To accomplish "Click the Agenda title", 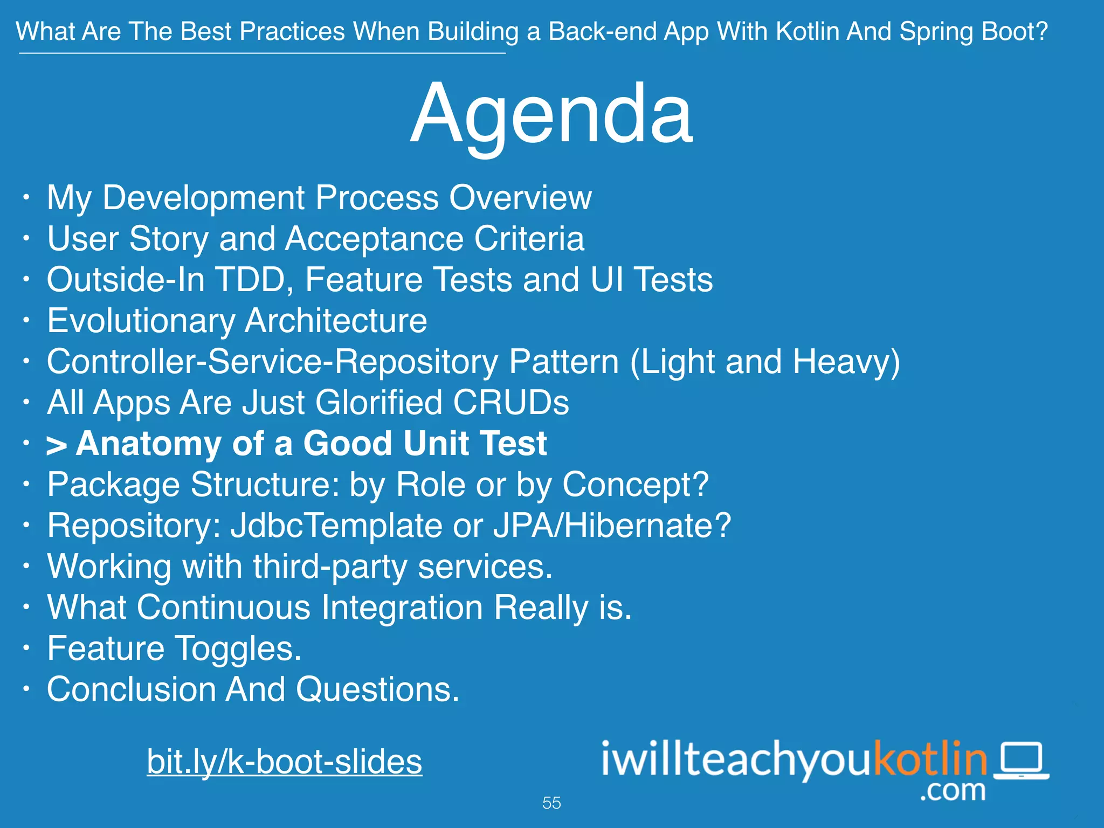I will pyautogui.click(x=551, y=114).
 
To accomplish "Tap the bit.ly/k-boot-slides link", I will pyautogui.click(x=284, y=762).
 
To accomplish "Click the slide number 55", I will pyautogui.click(x=551, y=803).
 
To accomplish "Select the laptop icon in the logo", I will pyautogui.click(x=1022, y=761).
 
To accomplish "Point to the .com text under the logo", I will pyautogui.click(x=953, y=790).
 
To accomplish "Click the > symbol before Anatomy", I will pyautogui.click(x=56, y=446).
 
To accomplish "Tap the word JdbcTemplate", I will pyautogui.click(x=336, y=526).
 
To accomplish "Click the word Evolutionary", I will pyautogui.click(x=141, y=321).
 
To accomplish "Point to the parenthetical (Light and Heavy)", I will pyautogui.click(x=765, y=362).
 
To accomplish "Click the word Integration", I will pyautogui.click(x=402, y=608).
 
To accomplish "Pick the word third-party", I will pyautogui.click(x=330, y=567).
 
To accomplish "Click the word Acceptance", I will pyautogui.click(x=374, y=239).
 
